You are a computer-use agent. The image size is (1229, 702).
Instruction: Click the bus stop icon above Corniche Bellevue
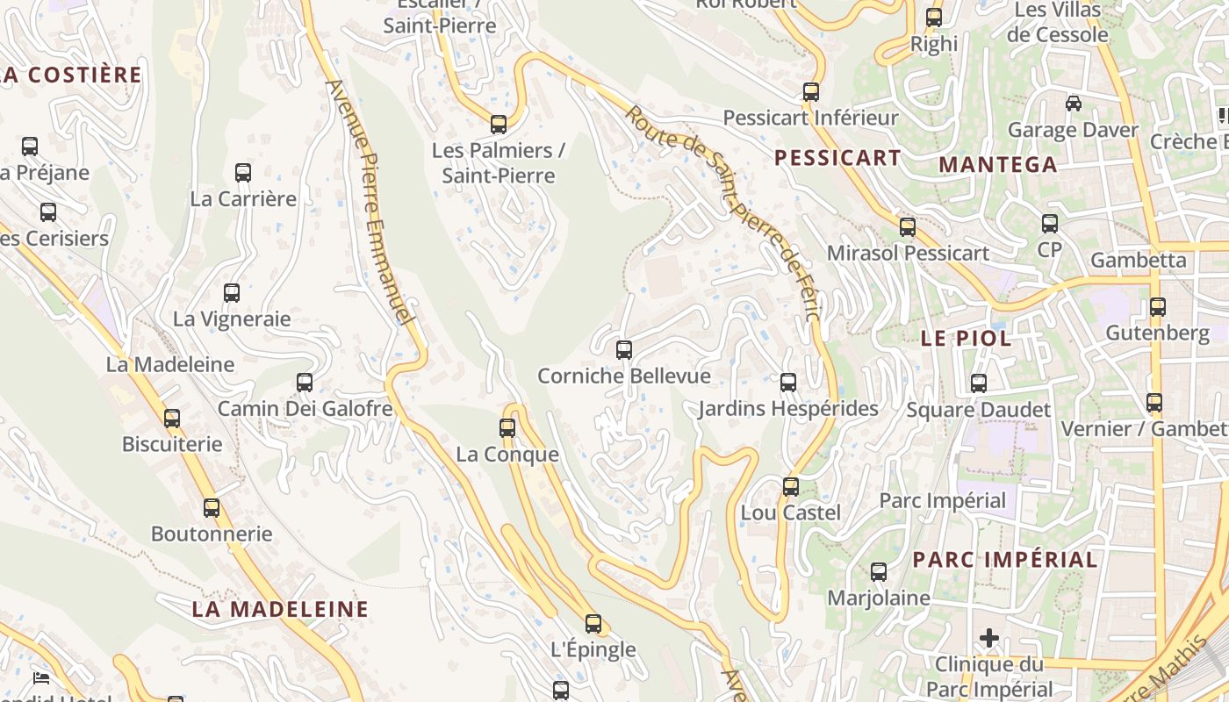click(624, 350)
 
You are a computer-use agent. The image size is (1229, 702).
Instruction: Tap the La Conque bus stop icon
click(507, 428)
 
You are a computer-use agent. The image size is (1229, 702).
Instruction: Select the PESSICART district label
click(837, 158)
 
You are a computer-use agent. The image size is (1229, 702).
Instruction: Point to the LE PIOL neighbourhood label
click(966, 339)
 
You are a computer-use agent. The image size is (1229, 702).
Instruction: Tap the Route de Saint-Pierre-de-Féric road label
click(724, 211)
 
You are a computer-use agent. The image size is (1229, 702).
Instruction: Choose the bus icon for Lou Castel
click(791, 487)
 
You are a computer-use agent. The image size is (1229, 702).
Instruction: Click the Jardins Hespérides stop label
click(787, 409)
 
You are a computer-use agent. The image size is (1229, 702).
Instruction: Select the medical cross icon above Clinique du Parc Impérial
click(989, 638)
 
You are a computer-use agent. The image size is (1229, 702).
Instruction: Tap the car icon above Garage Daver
click(1073, 104)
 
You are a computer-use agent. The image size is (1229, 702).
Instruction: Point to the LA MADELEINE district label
click(280, 609)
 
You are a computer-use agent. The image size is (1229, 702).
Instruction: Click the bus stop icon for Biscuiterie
click(172, 419)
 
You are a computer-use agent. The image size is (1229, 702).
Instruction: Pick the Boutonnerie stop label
click(212, 534)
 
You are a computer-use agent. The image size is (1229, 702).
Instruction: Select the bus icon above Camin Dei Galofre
click(305, 383)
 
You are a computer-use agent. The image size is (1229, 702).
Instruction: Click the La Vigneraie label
click(232, 319)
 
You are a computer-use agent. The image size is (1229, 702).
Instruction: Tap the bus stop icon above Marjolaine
click(879, 573)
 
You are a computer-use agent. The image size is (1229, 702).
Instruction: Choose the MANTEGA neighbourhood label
click(997, 165)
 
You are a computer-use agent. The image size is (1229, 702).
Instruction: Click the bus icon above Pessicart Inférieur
click(811, 92)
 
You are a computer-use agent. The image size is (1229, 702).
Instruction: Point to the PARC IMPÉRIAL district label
click(1004, 560)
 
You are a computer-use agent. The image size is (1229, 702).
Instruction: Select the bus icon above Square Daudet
click(979, 383)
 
